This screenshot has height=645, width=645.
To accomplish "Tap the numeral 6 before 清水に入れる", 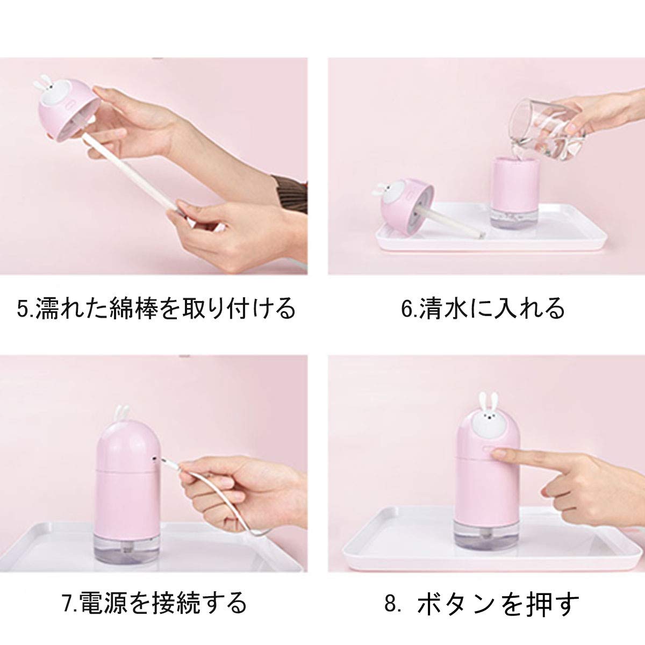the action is [407, 309].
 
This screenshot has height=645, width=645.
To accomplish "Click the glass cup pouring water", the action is [547, 129].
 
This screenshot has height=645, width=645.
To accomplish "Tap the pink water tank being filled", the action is [515, 193].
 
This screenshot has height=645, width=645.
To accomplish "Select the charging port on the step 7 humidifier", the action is [154, 457].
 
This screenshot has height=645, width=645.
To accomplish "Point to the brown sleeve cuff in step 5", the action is [290, 193].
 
